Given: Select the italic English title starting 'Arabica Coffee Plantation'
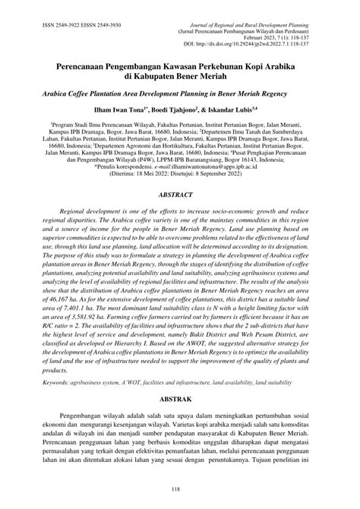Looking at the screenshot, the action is coord(180,100).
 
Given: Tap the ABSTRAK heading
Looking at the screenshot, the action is coord(179,397).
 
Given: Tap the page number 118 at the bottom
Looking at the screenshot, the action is coord(179,490).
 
